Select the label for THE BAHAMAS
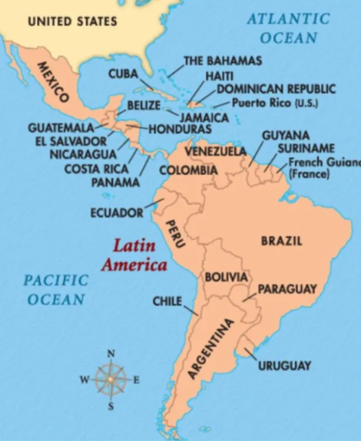point(222,61)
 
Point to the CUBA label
point(123,74)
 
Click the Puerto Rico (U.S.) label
point(274,103)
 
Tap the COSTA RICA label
point(96,169)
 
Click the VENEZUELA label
point(215,151)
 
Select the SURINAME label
point(306,147)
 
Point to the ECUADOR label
point(117,212)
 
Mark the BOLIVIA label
point(226,276)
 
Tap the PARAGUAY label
point(286,289)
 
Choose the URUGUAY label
point(284,366)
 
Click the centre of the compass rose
point(111,379)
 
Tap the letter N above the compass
point(111,354)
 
